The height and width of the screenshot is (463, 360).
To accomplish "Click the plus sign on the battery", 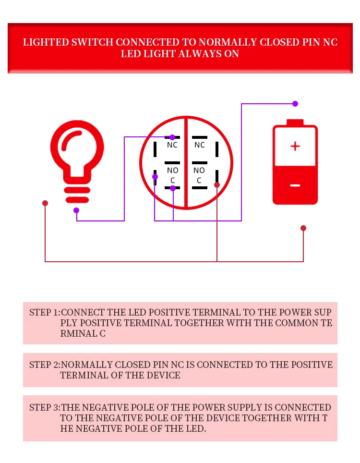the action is pyautogui.click(x=295, y=146).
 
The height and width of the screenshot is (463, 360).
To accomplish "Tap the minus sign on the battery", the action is pyautogui.click(x=295, y=185).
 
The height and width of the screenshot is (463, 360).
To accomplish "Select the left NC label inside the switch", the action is pyautogui.click(x=172, y=145).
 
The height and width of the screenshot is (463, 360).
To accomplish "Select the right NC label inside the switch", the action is pyautogui.click(x=199, y=145).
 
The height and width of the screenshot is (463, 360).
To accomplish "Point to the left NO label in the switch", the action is pyautogui.click(x=172, y=170).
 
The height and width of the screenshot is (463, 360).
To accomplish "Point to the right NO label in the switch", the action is pyautogui.click(x=199, y=170).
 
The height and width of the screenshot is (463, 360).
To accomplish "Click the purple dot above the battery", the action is pyautogui.click(x=295, y=104).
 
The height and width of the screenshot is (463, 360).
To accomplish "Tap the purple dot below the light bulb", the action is pyautogui.click(x=76, y=210).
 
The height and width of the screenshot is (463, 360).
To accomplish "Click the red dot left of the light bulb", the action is pyautogui.click(x=45, y=203).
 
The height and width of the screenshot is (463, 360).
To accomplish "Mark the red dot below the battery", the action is pyautogui.click(x=303, y=228).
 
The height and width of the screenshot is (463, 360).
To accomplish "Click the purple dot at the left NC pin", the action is pyautogui.click(x=172, y=137).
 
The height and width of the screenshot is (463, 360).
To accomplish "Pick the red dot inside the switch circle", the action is pyautogui.click(x=217, y=185).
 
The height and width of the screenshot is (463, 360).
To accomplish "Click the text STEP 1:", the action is pyautogui.click(x=45, y=312).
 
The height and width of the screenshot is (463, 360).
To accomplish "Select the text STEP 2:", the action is pyautogui.click(x=45, y=365).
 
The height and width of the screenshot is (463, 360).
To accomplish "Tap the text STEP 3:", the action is pyautogui.click(x=45, y=407).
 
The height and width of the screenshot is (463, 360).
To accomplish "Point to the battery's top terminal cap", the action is pyautogui.click(x=295, y=122).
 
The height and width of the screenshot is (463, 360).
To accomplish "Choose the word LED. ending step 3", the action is pyautogui.click(x=195, y=428).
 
